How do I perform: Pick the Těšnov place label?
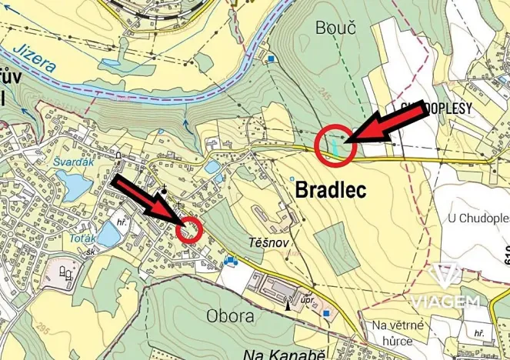click(x=267, y=242)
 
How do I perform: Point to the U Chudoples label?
click(x=478, y=218)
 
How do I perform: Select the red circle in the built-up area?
click(x=189, y=229)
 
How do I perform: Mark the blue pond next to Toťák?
click(x=106, y=235)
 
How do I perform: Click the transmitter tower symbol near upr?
click(x=288, y=302)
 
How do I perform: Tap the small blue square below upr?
click(x=326, y=314)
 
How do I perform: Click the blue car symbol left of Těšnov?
click(x=230, y=262)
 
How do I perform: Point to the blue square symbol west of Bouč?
click(x=272, y=58)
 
